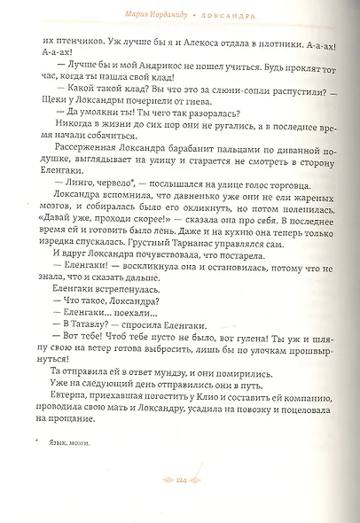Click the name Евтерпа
73,428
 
